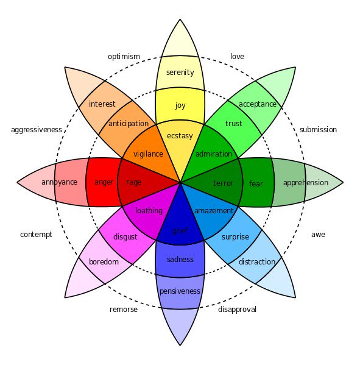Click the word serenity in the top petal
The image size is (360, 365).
[x=180, y=73]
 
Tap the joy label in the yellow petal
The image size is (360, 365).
[x=180, y=105]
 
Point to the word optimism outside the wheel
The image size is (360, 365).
[x=124, y=57]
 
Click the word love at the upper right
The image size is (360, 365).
[x=237, y=57]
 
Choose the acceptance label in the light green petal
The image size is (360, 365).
[x=258, y=104]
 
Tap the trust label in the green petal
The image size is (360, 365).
[x=233, y=124]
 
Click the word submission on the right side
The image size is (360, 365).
[x=318, y=130]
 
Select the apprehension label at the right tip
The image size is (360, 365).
[x=306, y=183]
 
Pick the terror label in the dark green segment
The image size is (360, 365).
[x=223, y=183]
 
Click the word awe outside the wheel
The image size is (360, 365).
[x=318, y=235]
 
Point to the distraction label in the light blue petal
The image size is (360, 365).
[x=256, y=262]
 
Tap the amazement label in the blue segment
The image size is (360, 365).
[x=214, y=211]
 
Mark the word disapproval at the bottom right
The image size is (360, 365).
[x=237, y=310]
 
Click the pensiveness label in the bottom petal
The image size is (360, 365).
[x=180, y=291]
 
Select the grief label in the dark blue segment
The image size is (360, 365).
[x=180, y=231]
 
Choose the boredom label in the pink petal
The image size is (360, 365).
[x=103, y=262]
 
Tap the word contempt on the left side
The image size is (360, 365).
[x=36, y=235]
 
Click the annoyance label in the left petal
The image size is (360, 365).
[x=59, y=182]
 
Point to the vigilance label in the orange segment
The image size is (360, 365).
[x=148, y=154]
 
